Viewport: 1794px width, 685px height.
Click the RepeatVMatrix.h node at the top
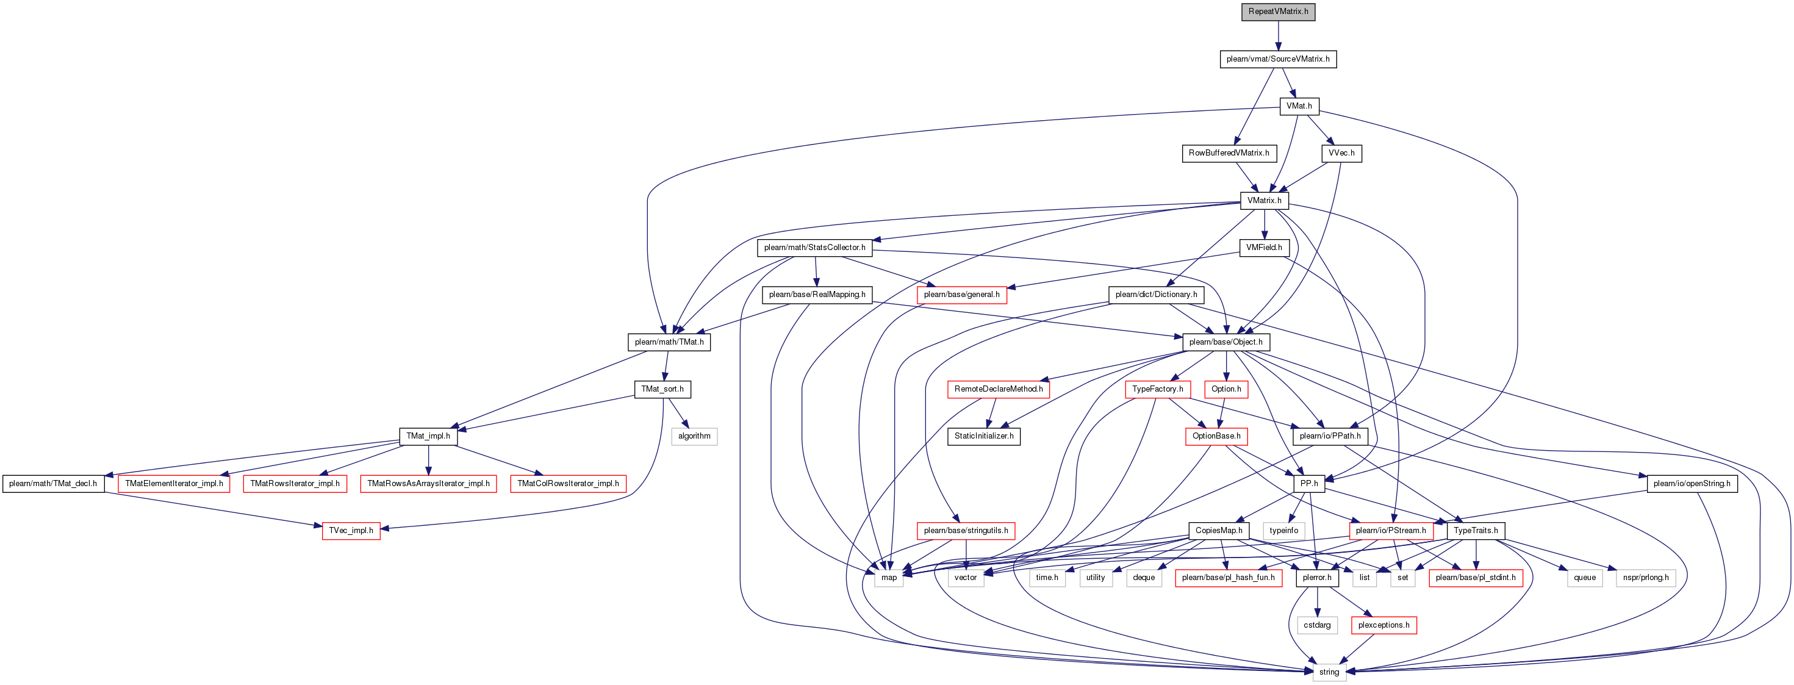(1278, 12)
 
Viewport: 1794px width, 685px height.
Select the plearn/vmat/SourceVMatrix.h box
(1278, 59)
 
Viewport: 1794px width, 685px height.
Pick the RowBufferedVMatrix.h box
(1229, 153)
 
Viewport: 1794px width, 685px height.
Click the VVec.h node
(1341, 153)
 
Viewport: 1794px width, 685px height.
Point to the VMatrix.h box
(1264, 201)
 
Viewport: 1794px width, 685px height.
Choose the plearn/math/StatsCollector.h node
(815, 248)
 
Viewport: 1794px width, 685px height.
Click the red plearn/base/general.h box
(961, 295)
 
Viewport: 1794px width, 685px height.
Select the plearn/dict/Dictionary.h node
(1156, 295)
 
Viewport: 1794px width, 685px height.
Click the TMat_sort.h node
(662, 389)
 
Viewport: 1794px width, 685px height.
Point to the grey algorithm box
(694, 437)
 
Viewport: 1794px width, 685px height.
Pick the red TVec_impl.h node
(351, 531)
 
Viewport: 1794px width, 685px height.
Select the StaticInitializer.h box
(983, 437)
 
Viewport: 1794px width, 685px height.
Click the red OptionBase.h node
(1216, 437)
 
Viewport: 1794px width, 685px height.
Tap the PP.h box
(1309, 484)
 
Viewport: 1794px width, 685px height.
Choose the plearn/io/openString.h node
(1692, 484)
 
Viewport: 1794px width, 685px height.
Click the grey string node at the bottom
(1329, 672)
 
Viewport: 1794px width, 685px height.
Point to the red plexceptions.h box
(1384, 625)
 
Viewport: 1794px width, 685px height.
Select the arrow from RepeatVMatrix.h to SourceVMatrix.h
(1278, 35)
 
